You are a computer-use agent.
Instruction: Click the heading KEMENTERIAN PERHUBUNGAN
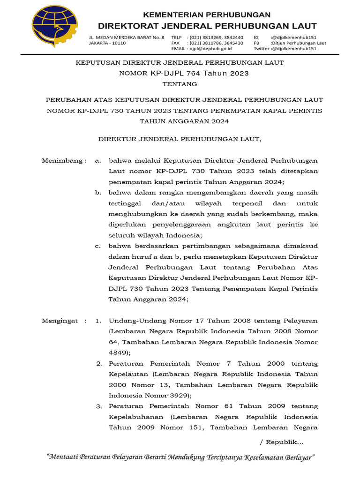[207, 15]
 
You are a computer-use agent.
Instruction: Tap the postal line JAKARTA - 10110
[107, 43]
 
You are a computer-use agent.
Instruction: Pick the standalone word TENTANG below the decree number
[180, 84]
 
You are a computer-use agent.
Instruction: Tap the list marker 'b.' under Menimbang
[98, 192]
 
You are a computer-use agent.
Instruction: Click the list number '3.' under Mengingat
[99, 406]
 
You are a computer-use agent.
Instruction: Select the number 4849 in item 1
[118, 353]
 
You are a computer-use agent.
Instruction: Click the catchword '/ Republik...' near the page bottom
[281, 442]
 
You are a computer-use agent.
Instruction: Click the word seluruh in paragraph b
[121, 235]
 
